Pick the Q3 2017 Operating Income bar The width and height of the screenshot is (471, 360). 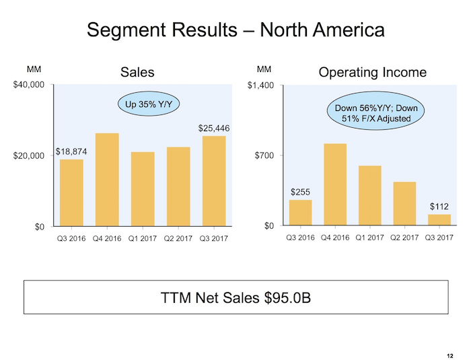[x=439, y=220]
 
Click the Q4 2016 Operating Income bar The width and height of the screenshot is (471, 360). [x=334, y=184]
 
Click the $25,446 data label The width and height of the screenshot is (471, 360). [x=214, y=128]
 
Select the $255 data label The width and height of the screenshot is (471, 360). [x=300, y=192]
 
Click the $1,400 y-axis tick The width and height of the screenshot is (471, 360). [x=260, y=85]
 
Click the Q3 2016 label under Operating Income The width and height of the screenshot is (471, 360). [x=300, y=238]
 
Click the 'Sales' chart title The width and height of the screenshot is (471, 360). [x=137, y=72]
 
